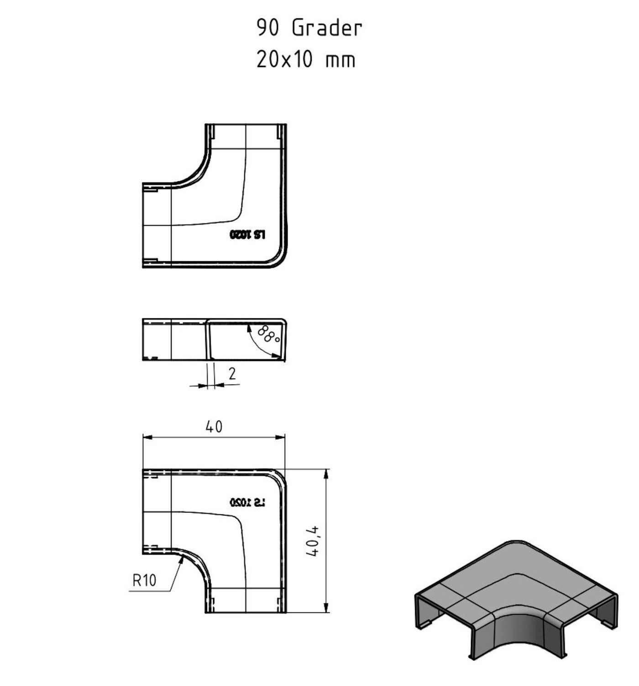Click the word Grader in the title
pyautogui.click(x=327, y=28)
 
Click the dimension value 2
pyautogui.click(x=232, y=374)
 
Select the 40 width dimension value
pyautogui.click(x=214, y=427)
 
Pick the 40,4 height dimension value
pyautogui.click(x=314, y=541)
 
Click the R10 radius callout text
pyautogui.click(x=144, y=580)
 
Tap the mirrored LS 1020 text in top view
pyautogui.click(x=247, y=235)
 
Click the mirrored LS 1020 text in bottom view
pyautogui.click(x=247, y=502)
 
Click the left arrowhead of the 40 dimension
pyautogui.click(x=147, y=438)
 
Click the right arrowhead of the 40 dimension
pyautogui.click(x=281, y=438)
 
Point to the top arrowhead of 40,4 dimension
pyautogui.click(x=326, y=473)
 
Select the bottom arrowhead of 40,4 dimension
pyautogui.click(x=326, y=608)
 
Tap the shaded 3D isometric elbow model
pyautogui.click(x=516, y=598)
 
